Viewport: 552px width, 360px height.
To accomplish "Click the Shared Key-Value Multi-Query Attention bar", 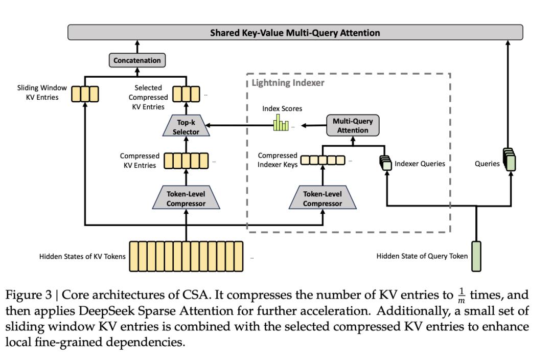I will click(295, 33).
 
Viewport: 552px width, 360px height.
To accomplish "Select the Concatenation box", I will click(137, 60).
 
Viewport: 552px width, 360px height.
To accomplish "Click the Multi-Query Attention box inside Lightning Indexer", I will click(353, 126).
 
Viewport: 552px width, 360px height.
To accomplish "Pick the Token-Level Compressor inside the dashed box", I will click(323, 199).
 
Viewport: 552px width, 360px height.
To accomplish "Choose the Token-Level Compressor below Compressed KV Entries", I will click(186, 199).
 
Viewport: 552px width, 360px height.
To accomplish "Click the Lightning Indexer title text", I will click(288, 82).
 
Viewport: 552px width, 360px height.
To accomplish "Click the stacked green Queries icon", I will click(509, 160).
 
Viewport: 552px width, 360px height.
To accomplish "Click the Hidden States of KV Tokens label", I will click(82, 257).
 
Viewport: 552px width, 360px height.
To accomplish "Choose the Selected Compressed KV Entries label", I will click(148, 97).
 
